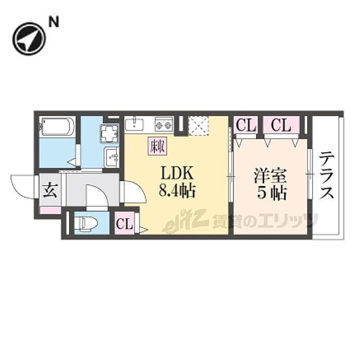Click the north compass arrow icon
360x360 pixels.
point(29,38)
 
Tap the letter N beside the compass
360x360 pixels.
point(53,22)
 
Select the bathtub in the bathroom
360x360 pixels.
point(58,127)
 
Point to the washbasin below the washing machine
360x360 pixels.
point(111,157)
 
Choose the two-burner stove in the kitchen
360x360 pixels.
point(164,124)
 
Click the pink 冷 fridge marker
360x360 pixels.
point(158,146)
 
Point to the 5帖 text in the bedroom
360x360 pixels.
point(270,194)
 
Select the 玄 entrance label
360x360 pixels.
point(50,190)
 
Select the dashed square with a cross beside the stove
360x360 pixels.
point(197,125)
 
